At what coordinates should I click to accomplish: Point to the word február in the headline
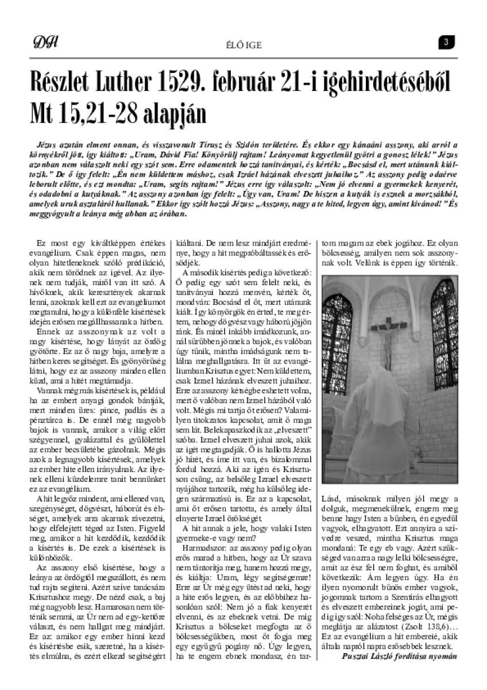278,84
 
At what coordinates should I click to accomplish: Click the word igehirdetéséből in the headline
393,84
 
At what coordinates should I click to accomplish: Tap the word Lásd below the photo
333,501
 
